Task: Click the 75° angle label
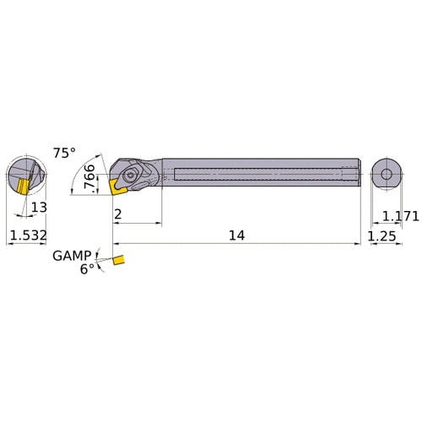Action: [x=64, y=153]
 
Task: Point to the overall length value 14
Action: [x=236, y=236]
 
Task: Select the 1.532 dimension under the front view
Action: [x=25, y=237]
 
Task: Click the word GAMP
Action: [x=72, y=256]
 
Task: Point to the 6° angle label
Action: [x=87, y=269]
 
